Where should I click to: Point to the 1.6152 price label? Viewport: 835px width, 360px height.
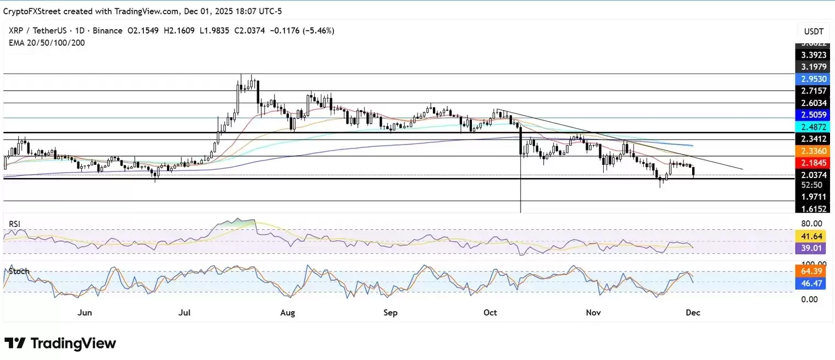pyautogui.click(x=811, y=209)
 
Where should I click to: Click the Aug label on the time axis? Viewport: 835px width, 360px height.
pyautogui.click(x=287, y=313)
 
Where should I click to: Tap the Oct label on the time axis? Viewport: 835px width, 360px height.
pyautogui.click(x=490, y=313)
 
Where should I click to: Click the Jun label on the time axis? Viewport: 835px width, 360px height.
pyautogui.click(x=85, y=313)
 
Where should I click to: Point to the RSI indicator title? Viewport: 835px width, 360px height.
pyautogui.click(x=16, y=224)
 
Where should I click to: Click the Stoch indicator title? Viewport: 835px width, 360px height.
pyautogui.click(x=19, y=272)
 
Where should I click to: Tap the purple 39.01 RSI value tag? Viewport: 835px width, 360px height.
pyautogui.click(x=811, y=248)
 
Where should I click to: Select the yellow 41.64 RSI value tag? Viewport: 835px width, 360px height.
pyautogui.click(x=811, y=236)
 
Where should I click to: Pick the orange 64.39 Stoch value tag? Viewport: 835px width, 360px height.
pyautogui.click(x=811, y=272)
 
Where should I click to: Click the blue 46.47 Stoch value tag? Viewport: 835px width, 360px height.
pyautogui.click(x=811, y=283)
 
